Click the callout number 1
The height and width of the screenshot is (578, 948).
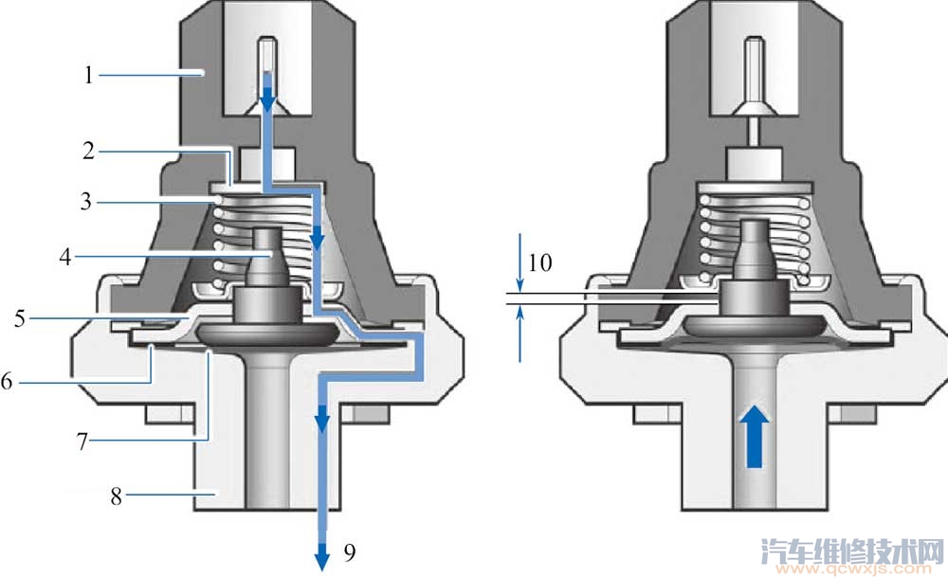89,75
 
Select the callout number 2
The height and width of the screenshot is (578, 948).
89,151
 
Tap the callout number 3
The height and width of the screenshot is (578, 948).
86,201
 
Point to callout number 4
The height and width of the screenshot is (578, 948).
65,257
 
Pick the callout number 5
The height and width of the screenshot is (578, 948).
20,318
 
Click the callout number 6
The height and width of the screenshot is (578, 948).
7,381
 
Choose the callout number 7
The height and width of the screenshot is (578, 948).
82,442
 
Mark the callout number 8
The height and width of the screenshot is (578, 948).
116,496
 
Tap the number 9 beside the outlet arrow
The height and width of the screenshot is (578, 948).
350,551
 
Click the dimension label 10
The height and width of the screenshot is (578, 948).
540,263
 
